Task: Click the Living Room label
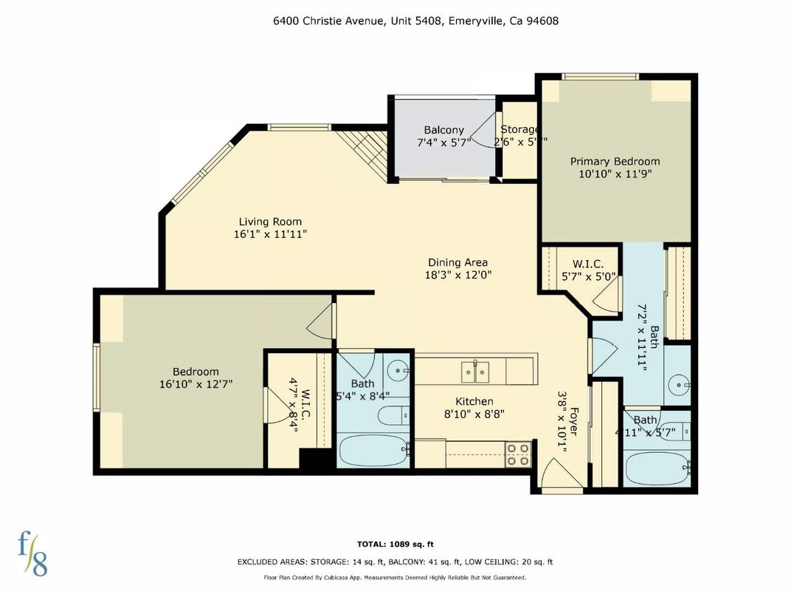click(270, 222)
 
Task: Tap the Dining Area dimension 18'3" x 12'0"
click(457, 275)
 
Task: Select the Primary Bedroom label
click(615, 162)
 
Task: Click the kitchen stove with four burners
click(518, 454)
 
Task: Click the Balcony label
click(443, 131)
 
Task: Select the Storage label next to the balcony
click(519, 130)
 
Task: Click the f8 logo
click(32, 552)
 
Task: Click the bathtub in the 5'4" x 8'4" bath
click(373, 451)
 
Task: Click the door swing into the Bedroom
click(322, 321)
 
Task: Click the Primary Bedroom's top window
click(600, 76)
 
